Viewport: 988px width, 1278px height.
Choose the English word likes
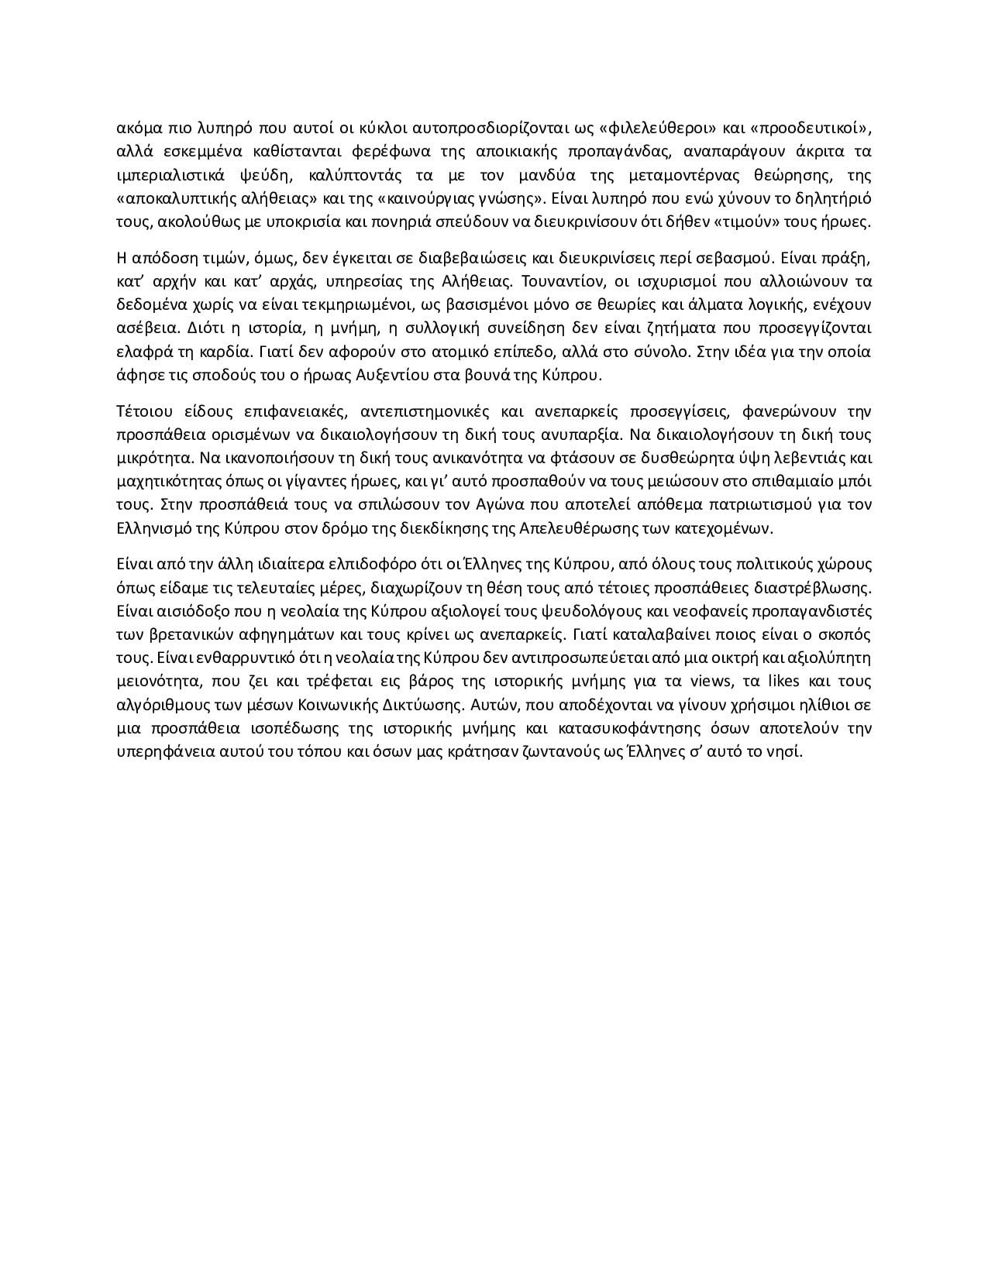tap(775, 682)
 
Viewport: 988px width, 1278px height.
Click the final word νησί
tap(782, 753)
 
